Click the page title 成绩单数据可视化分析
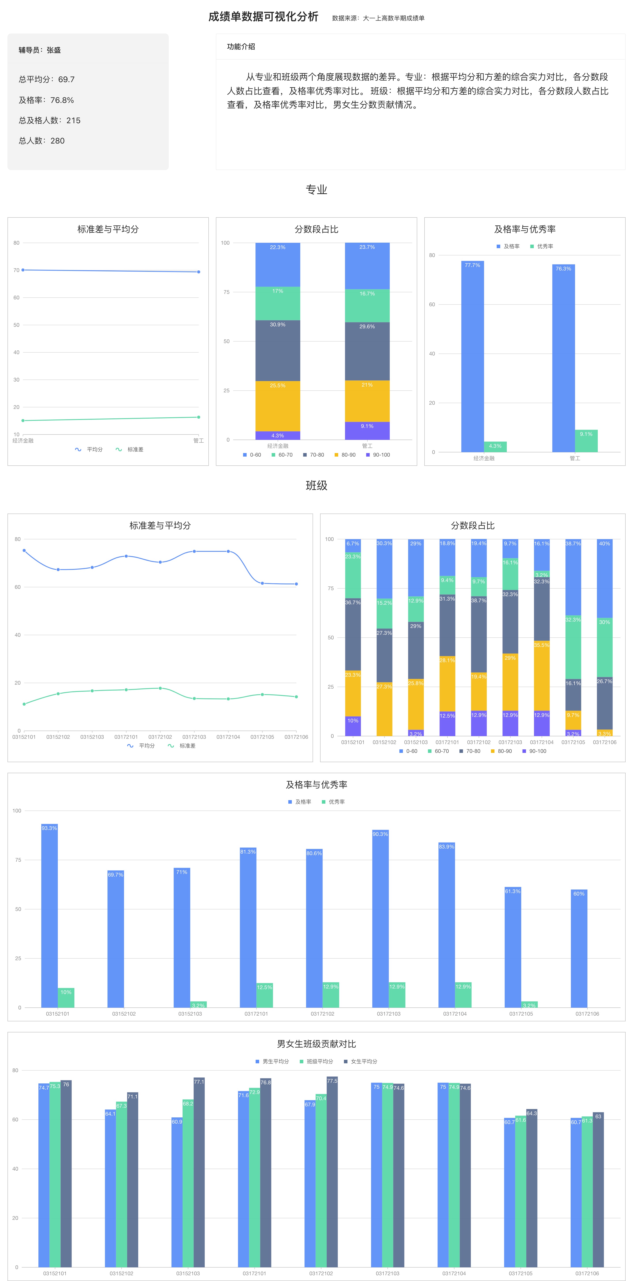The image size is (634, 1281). coord(263,17)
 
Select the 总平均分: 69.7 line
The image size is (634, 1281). coord(47,79)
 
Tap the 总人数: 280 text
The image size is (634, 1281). coord(42,141)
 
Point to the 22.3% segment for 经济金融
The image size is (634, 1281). coord(277,265)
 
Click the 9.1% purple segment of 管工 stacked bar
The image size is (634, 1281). coord(367,431)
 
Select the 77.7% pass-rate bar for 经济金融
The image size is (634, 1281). coord(472,356)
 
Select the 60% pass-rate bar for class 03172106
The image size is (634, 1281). coord(579,948)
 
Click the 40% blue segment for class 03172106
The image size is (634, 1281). coord(604,578)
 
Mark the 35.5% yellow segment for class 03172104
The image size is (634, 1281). coord(542,675)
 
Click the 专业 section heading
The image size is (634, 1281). coord(316,189)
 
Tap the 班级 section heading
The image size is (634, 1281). coord(316,485)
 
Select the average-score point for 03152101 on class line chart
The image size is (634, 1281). coord(24,550)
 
